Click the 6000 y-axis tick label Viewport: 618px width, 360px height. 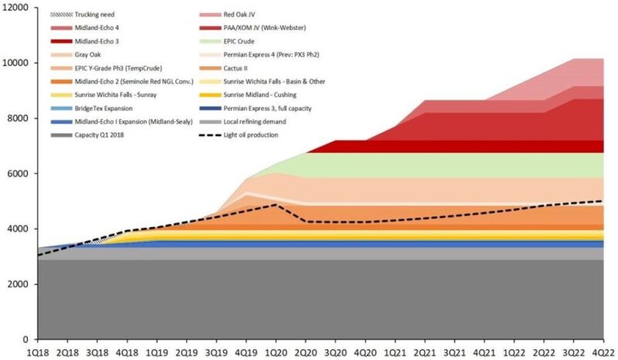coord(16,174)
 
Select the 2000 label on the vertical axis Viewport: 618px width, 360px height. coord(16,284)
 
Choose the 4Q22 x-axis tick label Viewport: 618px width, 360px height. coord(603,351)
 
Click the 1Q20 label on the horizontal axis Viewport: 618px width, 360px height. coord(276,351)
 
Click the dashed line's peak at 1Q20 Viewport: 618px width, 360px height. coord(276,205)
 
